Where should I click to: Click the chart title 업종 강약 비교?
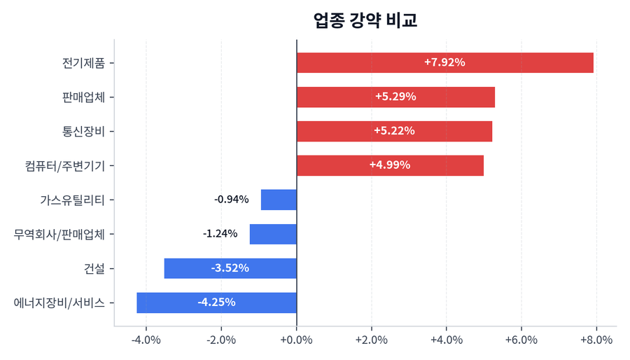365,20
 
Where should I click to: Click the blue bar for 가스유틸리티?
279,200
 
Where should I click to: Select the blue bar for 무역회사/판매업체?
273,234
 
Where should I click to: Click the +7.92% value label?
444,62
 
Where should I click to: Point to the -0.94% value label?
232,200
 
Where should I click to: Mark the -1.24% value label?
220,234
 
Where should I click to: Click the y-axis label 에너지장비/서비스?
59,303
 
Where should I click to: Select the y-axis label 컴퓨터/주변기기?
64,165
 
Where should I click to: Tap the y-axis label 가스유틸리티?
72,200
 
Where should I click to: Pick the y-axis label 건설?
94,268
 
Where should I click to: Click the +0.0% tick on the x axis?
297,340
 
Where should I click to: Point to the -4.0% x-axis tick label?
146,340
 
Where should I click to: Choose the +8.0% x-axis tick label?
596,340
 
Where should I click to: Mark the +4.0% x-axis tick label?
447,340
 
